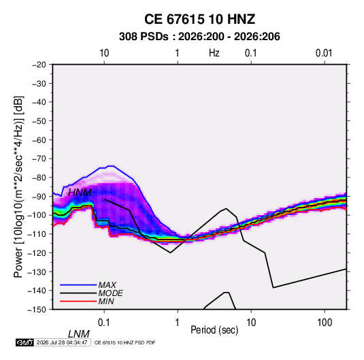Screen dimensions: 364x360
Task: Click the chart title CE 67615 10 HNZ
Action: click(x=199, y=19)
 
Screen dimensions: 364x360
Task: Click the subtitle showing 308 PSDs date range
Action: click(x=199, y=37)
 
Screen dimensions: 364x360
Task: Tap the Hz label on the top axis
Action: click(x=214, y=53)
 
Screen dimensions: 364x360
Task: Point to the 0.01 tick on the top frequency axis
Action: click(x=324, y=53)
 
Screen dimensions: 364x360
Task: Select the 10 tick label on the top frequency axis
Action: click(x=104, y=53)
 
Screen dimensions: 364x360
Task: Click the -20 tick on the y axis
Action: click(x=39, y=65)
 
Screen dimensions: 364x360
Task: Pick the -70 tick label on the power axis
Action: click(x=39, y=159)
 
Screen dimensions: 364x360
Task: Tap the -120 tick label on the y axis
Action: click(x=37, y=252)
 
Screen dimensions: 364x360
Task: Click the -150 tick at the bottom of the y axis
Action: click(x=37, y=310)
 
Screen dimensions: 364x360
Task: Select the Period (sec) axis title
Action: click(x=214, y=330)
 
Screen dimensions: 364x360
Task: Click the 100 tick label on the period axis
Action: click(x=325, y=323)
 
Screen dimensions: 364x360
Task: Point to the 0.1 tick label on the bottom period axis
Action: click(x=104, y=323)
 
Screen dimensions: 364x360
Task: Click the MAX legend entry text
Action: click(x=107, y=284)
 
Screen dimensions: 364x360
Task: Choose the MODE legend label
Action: click(x=110, y=293)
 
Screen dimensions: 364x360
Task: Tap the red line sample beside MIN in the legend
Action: click(x=78, y=301)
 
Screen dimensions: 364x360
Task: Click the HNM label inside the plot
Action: click(x=80, y=193)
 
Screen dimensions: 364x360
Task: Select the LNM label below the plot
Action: click(x=79, y=334)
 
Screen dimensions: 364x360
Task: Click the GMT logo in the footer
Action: click(x=24, y=342)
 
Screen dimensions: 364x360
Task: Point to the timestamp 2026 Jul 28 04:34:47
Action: click(x=62, y=342)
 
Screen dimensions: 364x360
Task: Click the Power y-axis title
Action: click(x=18, y=186)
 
